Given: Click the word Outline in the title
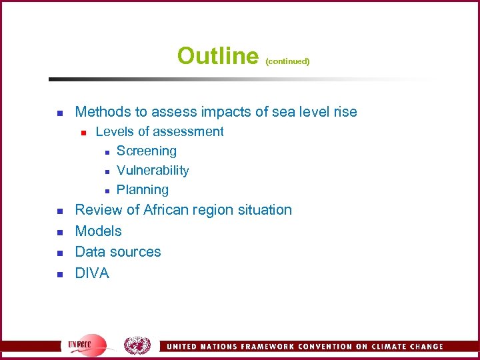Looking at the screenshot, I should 217,55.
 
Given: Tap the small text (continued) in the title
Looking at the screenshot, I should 287,61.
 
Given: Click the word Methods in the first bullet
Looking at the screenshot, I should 101,112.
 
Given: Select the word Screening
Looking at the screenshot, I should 147,151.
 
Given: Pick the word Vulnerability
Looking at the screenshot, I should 153,171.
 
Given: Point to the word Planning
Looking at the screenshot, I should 143,190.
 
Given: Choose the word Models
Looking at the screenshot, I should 99,231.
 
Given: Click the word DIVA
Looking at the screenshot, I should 92,273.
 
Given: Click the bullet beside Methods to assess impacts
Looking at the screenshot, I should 59,113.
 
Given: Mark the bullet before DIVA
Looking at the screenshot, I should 59,274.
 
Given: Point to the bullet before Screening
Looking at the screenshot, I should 105,152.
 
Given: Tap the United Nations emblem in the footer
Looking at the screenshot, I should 138,345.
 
